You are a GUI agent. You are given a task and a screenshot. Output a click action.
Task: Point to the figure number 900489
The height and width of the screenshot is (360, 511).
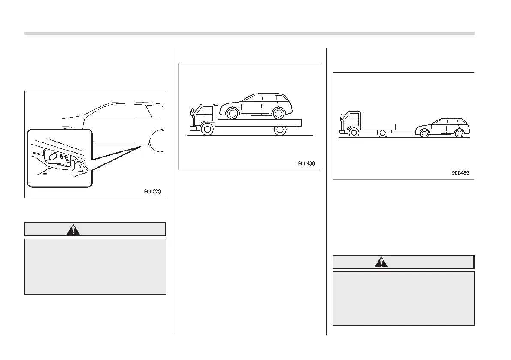(460, 173)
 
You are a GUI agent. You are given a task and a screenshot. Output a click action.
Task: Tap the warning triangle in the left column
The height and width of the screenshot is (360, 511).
(73, 230)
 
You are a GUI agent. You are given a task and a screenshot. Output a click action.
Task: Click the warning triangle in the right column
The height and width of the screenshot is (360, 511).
(381, 262)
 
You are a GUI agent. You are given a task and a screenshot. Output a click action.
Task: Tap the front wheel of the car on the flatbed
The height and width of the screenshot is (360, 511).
(232, 113)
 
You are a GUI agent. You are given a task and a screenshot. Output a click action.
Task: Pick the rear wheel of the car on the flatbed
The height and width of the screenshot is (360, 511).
(278, 113)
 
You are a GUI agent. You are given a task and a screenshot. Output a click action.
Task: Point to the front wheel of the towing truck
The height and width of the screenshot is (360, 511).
(354, 133)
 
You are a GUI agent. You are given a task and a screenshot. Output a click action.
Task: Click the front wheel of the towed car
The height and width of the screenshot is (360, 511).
(425, 133)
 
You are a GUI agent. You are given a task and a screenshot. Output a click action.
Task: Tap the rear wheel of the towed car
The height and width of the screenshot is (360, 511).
(459, 133)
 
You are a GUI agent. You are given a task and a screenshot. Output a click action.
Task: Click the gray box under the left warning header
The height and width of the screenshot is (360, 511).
(95, 266)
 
